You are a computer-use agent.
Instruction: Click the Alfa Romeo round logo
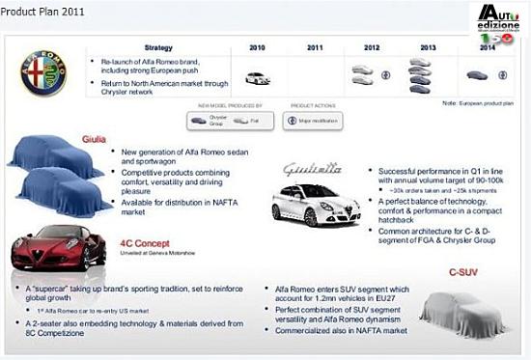pos(42,73)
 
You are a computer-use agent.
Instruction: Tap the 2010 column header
pos(257,46)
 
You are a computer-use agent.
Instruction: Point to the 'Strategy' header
pos(158,46)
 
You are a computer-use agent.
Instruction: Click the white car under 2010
pos(258,78)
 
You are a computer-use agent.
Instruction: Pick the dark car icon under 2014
pos(477,74)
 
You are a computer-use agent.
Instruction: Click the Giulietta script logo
pos(312,168)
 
